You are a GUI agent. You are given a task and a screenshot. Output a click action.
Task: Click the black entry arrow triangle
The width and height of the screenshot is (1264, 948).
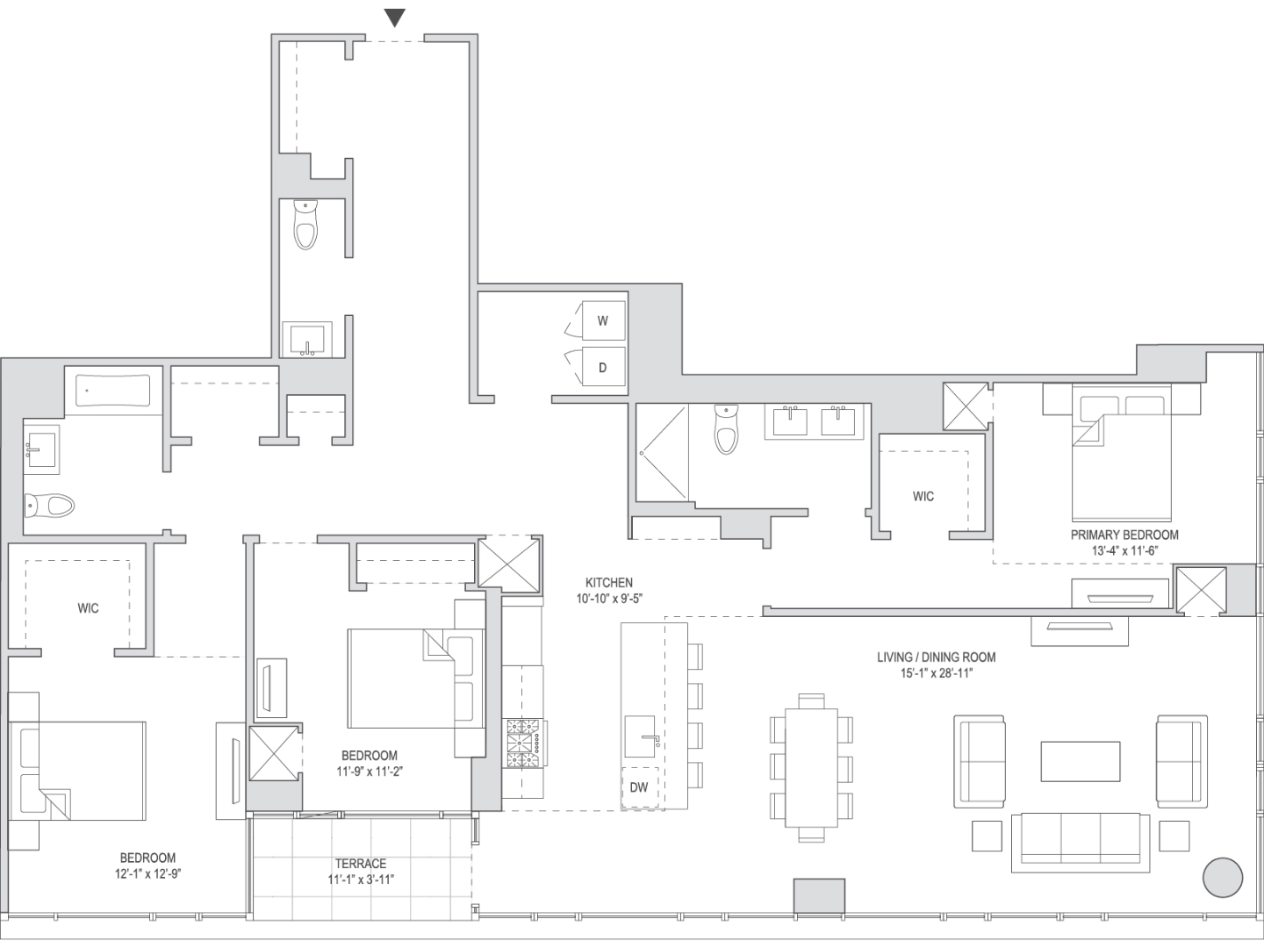pos(394,18)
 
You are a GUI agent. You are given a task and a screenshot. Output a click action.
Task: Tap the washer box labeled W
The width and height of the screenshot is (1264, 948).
pos(603,320)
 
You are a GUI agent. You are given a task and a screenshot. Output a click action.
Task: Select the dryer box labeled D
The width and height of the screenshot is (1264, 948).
pos(603,367)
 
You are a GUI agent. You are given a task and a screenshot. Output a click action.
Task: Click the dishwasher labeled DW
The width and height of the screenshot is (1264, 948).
pos(639,786)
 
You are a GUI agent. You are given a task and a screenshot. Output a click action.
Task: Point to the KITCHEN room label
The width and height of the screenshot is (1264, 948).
pos(608,583)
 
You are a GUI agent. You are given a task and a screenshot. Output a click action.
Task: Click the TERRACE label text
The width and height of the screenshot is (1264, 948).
pos(361,864)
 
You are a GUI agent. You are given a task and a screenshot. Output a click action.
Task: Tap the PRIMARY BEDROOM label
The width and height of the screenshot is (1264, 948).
pos(1124,535)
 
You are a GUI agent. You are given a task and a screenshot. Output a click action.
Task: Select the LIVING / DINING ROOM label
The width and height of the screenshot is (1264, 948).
pos(937,657)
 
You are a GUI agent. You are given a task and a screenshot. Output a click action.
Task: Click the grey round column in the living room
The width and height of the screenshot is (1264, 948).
pos(1223,877)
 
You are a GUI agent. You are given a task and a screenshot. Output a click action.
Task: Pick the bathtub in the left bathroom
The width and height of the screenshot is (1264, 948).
pos(113,391)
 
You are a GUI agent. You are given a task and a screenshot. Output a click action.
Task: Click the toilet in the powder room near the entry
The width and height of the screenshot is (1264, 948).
pos(305,225)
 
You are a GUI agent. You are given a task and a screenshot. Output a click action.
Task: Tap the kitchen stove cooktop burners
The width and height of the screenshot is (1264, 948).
pos(524,743)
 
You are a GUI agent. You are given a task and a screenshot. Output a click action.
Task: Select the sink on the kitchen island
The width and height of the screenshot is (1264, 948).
pos(641,736)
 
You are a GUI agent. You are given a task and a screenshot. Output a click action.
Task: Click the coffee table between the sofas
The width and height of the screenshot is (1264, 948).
pos(1081,761)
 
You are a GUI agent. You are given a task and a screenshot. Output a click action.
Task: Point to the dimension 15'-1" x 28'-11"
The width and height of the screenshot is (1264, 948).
pos(937,673)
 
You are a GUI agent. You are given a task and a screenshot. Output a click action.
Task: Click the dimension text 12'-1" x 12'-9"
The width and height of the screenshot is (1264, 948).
pos(148,873)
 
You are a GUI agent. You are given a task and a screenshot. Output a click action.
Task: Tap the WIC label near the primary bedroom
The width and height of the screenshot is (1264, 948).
pos(923,496)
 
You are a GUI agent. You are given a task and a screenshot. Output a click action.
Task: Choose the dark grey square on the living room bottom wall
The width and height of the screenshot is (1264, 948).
pos(819,895)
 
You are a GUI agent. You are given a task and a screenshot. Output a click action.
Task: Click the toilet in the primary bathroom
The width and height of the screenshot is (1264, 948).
pos(726,429)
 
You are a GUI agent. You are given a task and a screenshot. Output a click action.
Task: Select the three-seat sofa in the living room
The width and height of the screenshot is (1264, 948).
pos(1075,843)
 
